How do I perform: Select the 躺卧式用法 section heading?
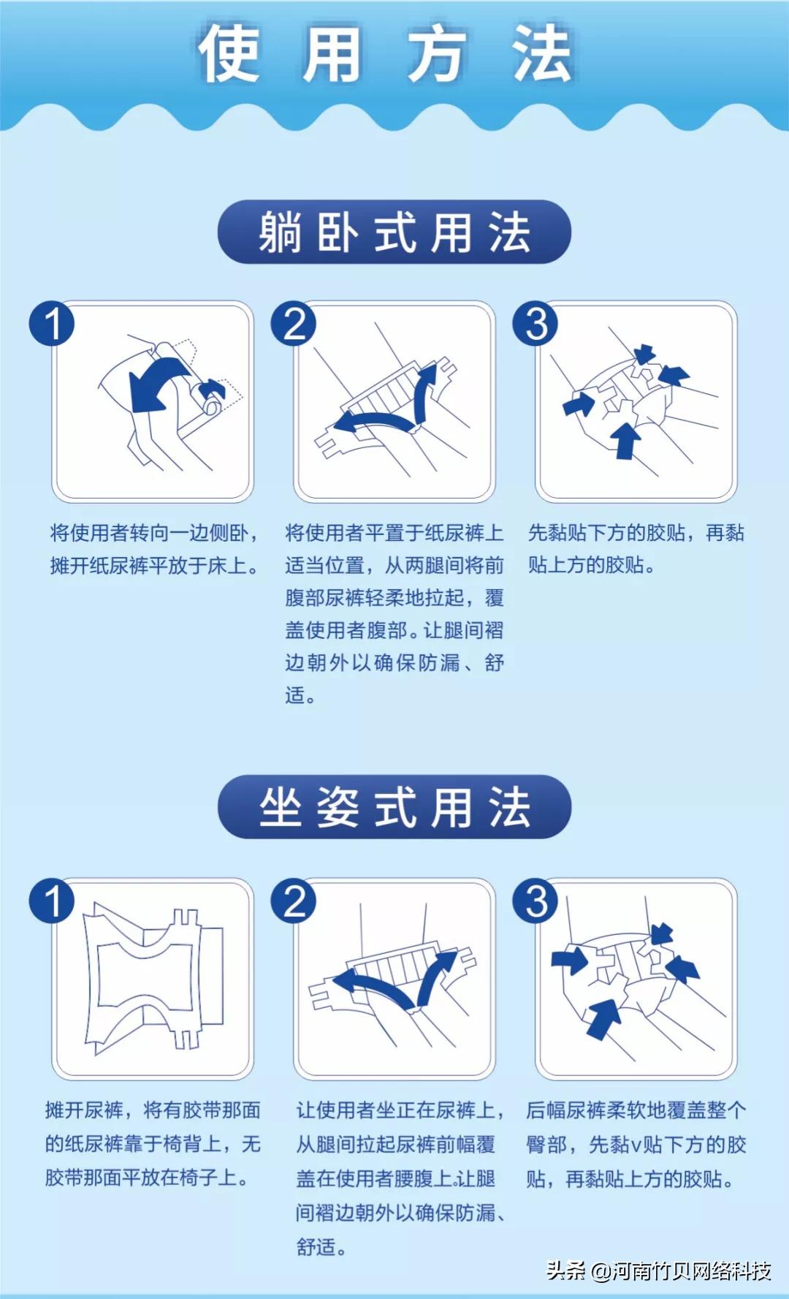[x=394, y=232]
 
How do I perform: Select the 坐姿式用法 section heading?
[x=394, y=807]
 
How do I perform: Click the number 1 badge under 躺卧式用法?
[x=52, y=324]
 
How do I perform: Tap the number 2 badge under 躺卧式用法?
[x=294, y=324]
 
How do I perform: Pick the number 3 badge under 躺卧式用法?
[x=535, y=324]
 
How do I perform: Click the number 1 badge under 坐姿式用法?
[x=52, y=901]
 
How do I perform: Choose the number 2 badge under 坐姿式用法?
[x=294, y=901]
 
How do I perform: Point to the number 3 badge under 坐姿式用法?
[x=535, y=901]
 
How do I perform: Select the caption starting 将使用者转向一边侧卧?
[x=154, y=548]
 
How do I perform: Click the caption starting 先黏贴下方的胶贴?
[x=636, y=548]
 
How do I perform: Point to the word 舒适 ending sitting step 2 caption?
[x=316, y=1246]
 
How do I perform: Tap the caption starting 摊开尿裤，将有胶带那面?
[x=153, y=1143]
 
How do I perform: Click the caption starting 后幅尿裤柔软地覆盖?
[x=636, y=1143]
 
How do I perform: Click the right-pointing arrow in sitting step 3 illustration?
[x=569, y=959]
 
